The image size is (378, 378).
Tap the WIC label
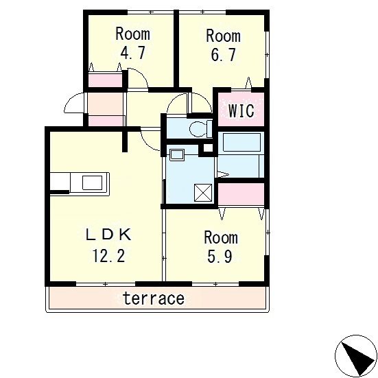[241, 110]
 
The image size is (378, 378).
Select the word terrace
[154, 298]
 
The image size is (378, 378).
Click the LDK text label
[108, 235]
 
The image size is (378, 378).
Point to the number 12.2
[108, 256]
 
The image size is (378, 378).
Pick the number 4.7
[133, 53]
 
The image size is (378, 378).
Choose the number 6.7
[223, 55]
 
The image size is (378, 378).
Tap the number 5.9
[220, 257]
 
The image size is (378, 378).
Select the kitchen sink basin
[93, 182]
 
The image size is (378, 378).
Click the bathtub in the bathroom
[241, 142]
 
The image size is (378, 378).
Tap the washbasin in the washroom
[177, 155]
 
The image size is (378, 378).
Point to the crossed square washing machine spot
[203, 193]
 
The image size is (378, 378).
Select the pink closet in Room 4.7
[105, 80]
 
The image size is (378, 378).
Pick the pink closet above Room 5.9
[241, 194]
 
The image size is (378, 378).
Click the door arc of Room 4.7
[142, 74]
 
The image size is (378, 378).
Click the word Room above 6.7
[223, 36]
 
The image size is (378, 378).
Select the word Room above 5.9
[221, 237]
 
